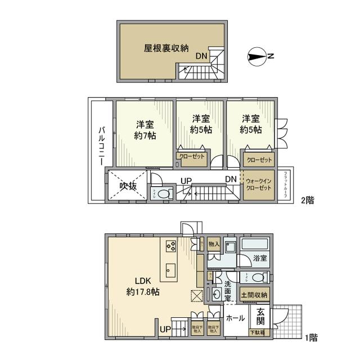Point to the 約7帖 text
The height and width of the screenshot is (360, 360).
145,136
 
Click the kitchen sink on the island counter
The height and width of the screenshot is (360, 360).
170,269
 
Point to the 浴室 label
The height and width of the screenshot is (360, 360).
259,258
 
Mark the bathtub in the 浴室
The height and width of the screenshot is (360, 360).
255,245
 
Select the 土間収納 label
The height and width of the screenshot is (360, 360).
254,295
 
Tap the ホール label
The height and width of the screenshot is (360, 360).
235,318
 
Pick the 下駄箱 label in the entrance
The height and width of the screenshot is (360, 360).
259,332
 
